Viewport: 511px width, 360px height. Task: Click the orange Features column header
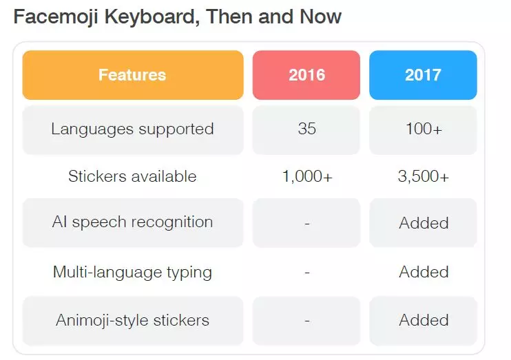click(x=132, y=75)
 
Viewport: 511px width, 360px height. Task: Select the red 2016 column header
click(x=306, y=75)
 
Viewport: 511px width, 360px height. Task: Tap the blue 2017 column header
click(x=423, y=75)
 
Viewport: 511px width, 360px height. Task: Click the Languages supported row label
click(x=132, y=129)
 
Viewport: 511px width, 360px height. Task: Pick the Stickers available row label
click(x=132, y=176)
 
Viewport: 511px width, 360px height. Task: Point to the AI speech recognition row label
click(x=132, y=222)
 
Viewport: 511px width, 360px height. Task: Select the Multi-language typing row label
click(x=132, y=272)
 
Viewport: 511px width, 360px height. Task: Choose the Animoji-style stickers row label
click(x=132, y=320)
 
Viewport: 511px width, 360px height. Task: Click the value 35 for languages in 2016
click(x=306, y=129)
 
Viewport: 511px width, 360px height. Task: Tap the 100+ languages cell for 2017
click(x=423, y=129)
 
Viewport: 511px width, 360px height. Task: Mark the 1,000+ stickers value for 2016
click(x=307, y=177)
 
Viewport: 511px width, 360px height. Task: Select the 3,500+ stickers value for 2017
click(x=424, y=177)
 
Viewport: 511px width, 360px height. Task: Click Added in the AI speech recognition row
click(x=424, y=223)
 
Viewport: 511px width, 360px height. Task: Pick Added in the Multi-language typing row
click(x=424, y=272)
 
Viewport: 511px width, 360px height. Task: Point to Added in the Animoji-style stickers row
click(x=424, y=320)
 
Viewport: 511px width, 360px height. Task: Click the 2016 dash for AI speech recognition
click(x=306, y=224)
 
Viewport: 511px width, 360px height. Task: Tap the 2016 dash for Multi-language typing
click(x=306, y=273)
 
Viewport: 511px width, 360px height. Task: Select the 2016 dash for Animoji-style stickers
click(x=306, y=321)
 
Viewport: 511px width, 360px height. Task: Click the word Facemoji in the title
click(x=57, y=17)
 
